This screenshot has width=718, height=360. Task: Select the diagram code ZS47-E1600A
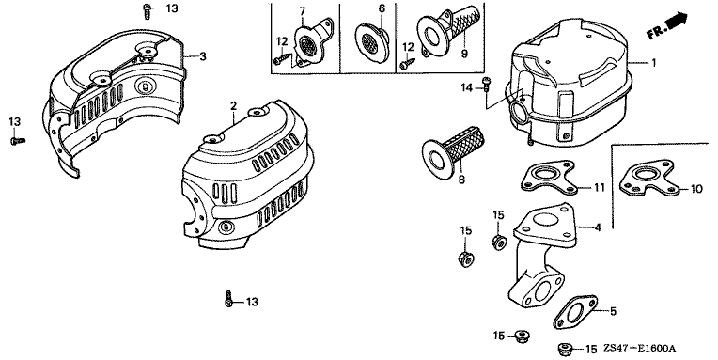click(642, 349)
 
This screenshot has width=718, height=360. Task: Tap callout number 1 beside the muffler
click(653, 63)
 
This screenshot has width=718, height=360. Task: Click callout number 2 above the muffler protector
click(233, 106)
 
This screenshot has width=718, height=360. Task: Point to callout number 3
click(202, 56)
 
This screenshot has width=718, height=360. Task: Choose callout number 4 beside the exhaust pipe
click(597, 227)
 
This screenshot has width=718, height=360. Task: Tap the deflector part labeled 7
click(312, 42)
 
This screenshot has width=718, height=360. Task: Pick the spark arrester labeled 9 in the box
click(448, 32)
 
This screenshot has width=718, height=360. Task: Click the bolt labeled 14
click(486, 85)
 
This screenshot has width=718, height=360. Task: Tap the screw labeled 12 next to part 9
click(407, 63)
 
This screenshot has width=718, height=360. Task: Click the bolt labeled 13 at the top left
click(148, 10)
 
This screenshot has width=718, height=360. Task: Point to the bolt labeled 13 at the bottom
click(229, 299)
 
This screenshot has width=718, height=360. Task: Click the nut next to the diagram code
click(565, 349)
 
